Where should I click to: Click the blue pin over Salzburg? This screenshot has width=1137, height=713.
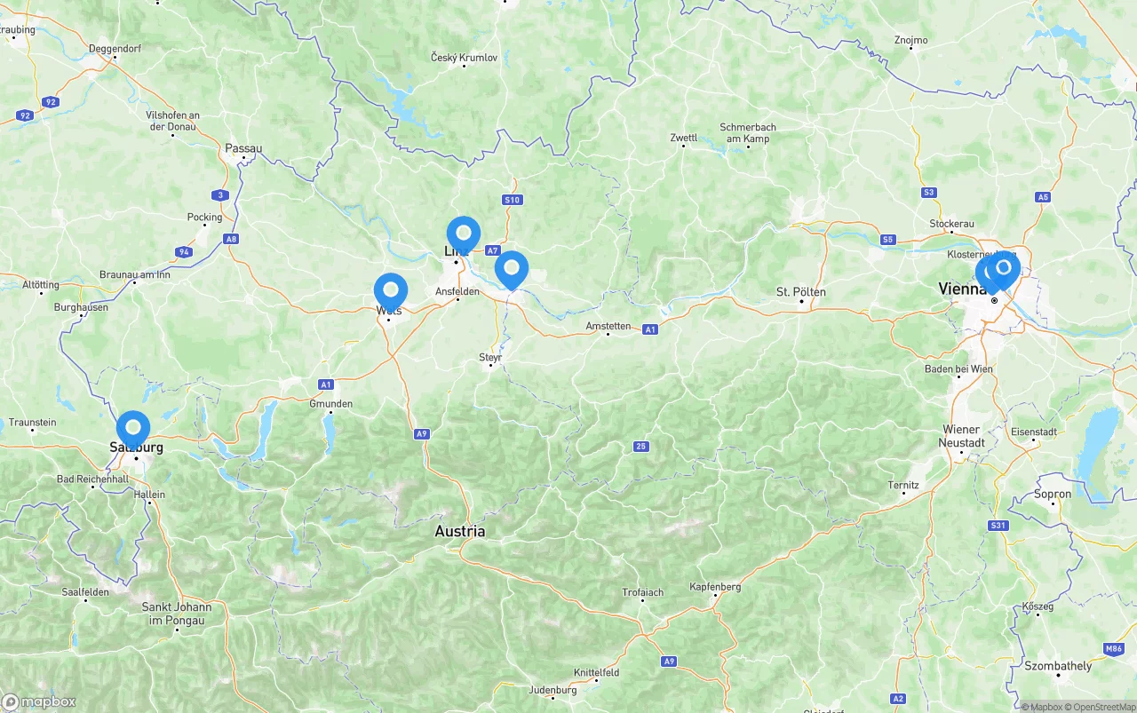tap(133, 428)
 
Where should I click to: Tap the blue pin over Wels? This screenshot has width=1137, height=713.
tap(391, 291)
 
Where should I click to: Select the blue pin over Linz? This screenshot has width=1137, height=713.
tap(463, 234)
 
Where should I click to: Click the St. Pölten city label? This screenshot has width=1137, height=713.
tap(800, 291)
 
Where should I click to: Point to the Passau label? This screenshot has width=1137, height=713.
tap(243, 148)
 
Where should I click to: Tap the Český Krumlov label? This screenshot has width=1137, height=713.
tap(464, 58)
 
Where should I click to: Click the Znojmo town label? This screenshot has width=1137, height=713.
tap(910, 40)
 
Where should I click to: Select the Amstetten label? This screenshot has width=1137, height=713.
tap(608, 326)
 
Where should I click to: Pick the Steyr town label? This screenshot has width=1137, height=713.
tap(490, 357)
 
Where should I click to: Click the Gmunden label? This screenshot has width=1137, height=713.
tap(330, 403)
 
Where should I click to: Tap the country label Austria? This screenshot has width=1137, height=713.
tap(459, 531)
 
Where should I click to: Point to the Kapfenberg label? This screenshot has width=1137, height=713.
tap(715, 587)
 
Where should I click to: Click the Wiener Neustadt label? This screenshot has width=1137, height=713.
tap(963, 436)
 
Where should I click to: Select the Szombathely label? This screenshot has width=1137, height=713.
tap(1058, 666)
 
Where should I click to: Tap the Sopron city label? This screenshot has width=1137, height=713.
tap(1053, 494)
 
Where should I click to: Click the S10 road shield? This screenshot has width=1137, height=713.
tap(512, 200)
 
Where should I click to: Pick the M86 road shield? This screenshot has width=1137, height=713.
tap(1114, 649)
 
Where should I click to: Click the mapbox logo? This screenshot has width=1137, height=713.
tap(39, 701)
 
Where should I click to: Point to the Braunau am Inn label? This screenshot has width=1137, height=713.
tap(134, 274)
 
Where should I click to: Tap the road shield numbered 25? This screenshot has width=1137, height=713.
tap(640, 446)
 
